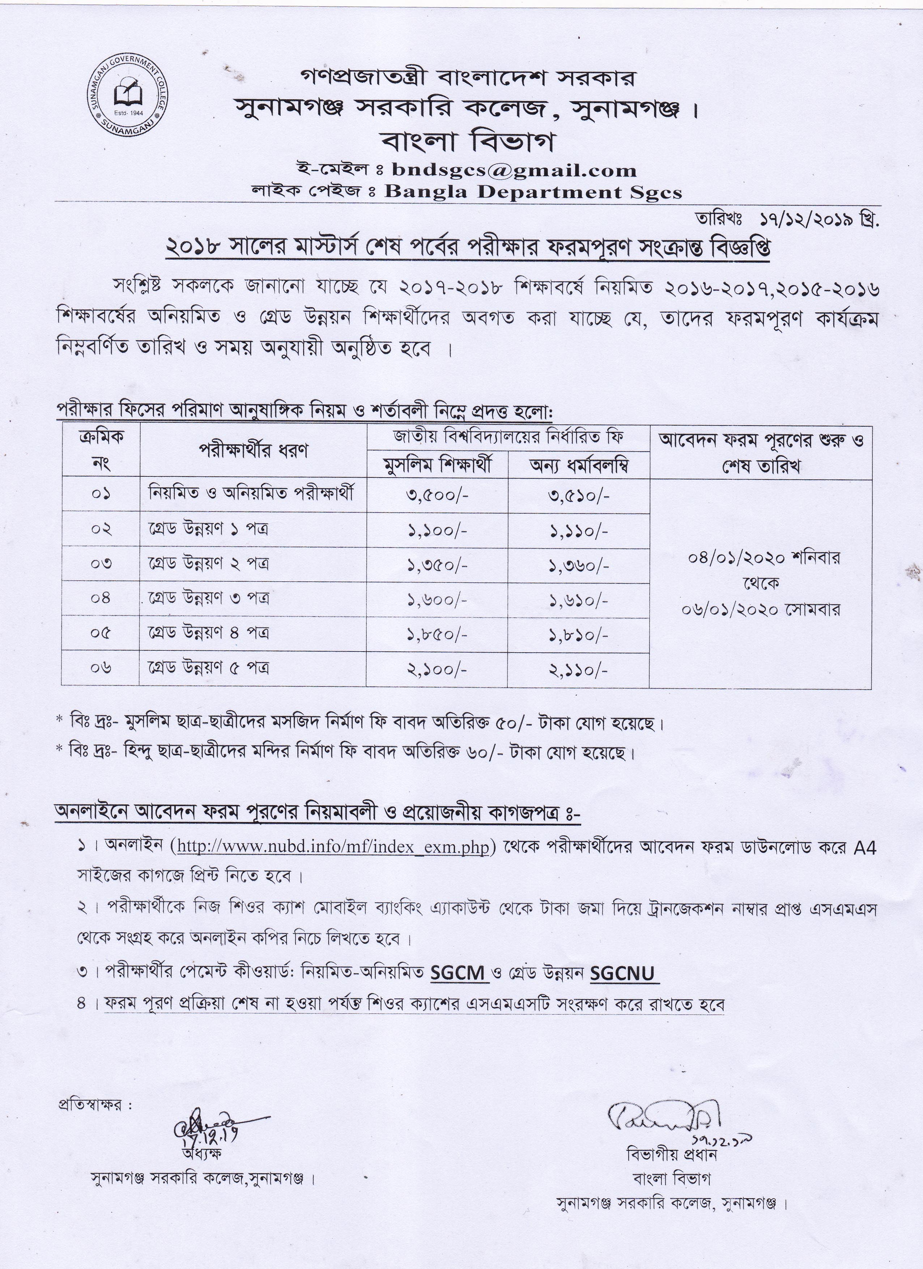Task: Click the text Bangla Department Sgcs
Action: point(533,192)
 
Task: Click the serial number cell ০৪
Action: point(101,599)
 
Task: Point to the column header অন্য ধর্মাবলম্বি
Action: point(578,465)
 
